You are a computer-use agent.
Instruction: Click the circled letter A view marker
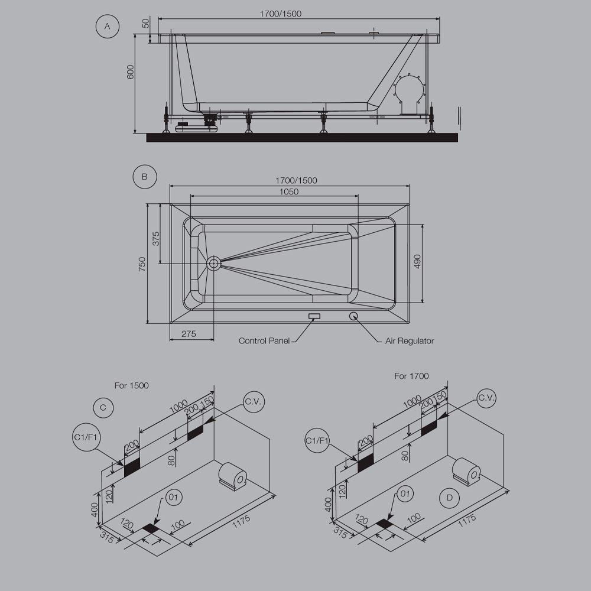(x=107, y=27)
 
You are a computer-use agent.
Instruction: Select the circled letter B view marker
(x=144, y=176)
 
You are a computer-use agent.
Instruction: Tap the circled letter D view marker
(x=450, y=498)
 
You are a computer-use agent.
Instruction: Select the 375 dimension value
(x=156, y=238)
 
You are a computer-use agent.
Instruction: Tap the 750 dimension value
(x=142, y=264)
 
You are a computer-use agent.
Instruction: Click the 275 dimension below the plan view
(x=189, y=334)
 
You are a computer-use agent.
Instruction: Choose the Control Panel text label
(x=264, y=341)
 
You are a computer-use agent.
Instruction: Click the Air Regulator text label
(x=410, y=341)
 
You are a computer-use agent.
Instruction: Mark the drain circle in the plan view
(x=213, y=262)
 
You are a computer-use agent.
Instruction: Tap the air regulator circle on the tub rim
(x=353, y=316)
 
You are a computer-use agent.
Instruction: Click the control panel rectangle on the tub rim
(x=314, y=316)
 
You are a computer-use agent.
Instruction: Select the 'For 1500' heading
(x=132, y=385)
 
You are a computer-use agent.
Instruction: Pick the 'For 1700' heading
(x=411, y=376)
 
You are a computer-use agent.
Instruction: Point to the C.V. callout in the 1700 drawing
(x=486, y=398)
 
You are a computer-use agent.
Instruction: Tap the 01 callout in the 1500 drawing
(x=173, y=498)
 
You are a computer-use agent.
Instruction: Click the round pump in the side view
(x=410, y=94)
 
